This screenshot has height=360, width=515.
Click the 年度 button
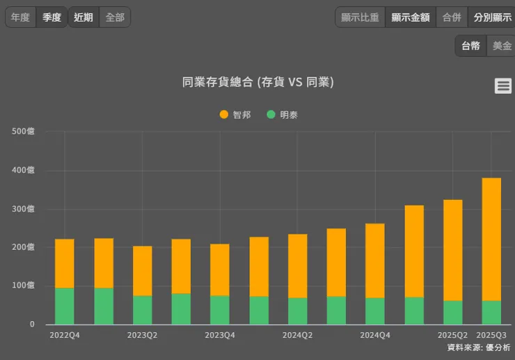[20, 17]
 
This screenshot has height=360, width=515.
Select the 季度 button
[52, 17]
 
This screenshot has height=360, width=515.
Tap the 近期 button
[84, 17]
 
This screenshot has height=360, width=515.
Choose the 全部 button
[115, 17]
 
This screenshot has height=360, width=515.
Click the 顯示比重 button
[360, 17]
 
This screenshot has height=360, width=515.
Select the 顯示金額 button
[410, 17]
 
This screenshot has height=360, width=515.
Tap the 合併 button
[452, 17]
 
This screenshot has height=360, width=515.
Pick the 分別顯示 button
[493, 17]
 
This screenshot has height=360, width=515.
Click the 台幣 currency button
[470, 46]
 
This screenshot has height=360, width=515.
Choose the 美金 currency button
[502, 46]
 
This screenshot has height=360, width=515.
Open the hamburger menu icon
[503, 86]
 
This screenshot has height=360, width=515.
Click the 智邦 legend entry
[235, 115]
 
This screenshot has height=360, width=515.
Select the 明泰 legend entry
[283, 115]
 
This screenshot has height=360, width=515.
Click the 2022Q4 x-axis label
[65, 335]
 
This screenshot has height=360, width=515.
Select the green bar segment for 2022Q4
[65, 306]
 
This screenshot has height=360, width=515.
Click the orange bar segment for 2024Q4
[375, 260]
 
